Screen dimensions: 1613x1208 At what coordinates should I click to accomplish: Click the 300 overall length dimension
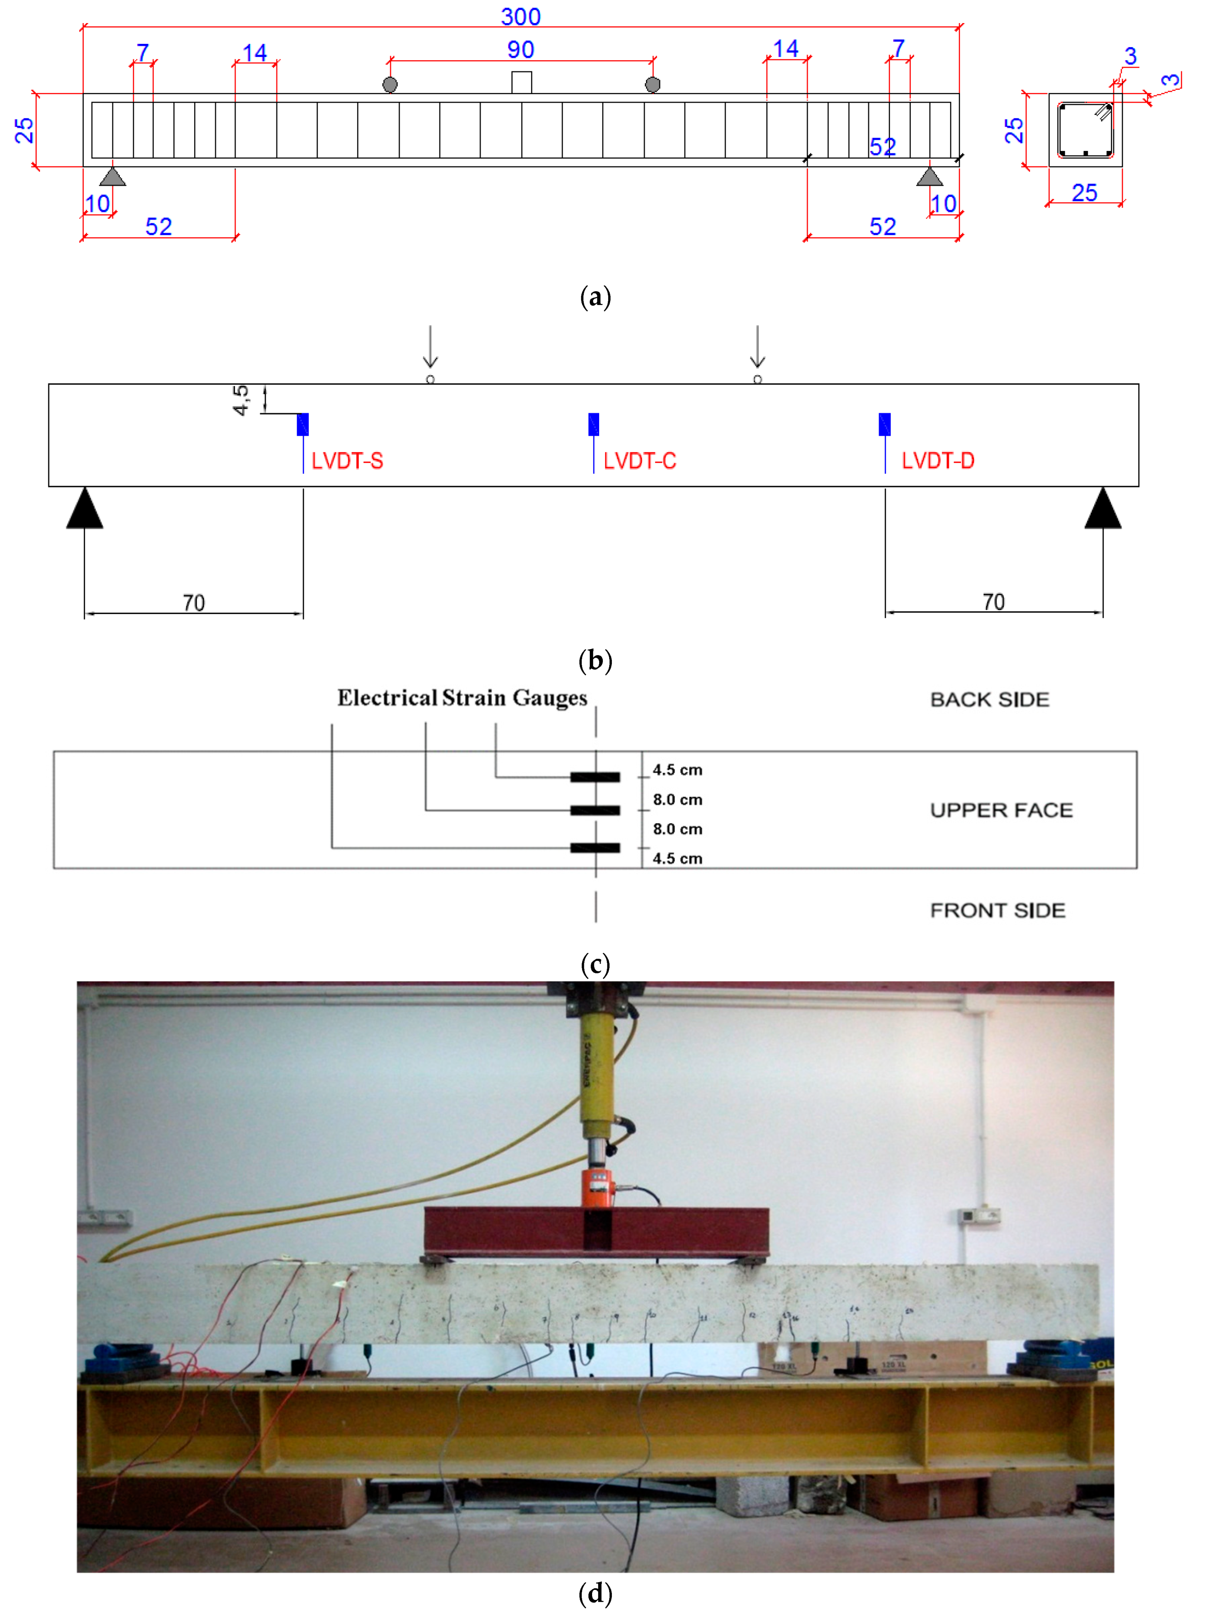pos(521,16)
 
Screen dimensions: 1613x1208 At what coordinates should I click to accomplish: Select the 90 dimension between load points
pos(521,49)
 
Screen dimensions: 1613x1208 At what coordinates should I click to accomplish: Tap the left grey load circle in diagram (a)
pos(390,84)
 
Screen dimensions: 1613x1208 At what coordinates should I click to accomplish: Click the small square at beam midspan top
pos(521,83)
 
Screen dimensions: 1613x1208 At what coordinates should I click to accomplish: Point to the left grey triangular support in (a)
pos(112,177)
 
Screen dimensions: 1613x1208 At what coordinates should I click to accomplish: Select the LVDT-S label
pos(347,461)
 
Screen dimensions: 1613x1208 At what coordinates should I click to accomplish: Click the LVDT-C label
pos(639,461)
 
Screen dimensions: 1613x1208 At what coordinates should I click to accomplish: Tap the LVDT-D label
pos(938,461)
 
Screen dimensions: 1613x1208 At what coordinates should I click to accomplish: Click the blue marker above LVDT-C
pos(594,424)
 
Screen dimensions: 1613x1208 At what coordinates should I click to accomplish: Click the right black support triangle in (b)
pos(1102,509)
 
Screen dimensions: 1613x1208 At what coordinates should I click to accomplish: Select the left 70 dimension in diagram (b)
pos(194,603)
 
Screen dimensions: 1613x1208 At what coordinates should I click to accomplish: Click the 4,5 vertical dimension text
pos(241,400)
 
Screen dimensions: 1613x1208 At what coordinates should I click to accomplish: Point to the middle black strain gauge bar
pos(595,810)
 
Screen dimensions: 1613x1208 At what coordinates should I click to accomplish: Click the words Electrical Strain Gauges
pos(462,698)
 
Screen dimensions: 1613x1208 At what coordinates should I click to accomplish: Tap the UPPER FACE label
pos(1001,810)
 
